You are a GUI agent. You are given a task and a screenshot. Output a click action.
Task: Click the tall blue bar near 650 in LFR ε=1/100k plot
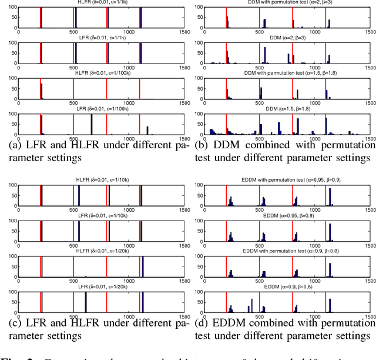click(91, 125)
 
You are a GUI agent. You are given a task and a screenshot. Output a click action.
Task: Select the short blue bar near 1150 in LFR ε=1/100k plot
click(147, 131)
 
